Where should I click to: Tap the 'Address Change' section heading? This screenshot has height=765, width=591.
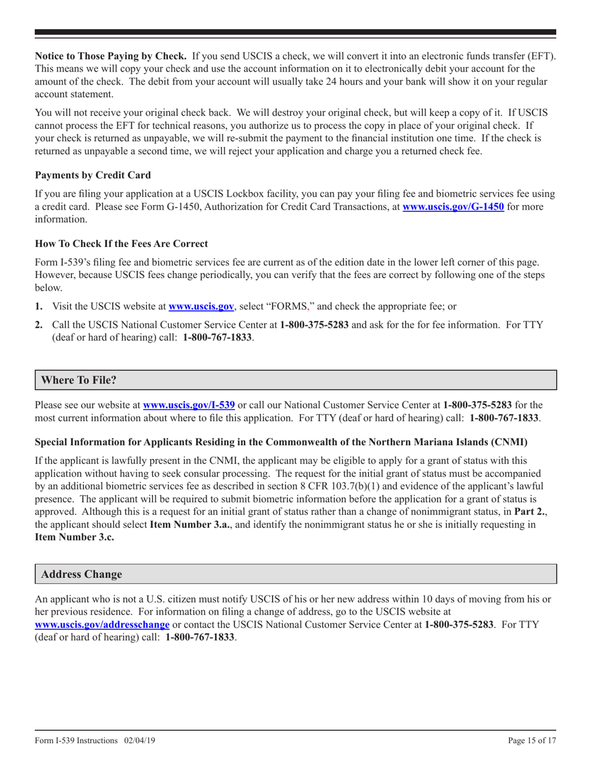coord(81,574)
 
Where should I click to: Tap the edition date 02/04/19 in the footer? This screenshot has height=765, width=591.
coord(138,741)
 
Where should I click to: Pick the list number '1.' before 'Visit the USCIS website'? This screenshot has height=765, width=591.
coord(39,306)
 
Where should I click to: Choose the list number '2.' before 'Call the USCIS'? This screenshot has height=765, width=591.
coord(39,326)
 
